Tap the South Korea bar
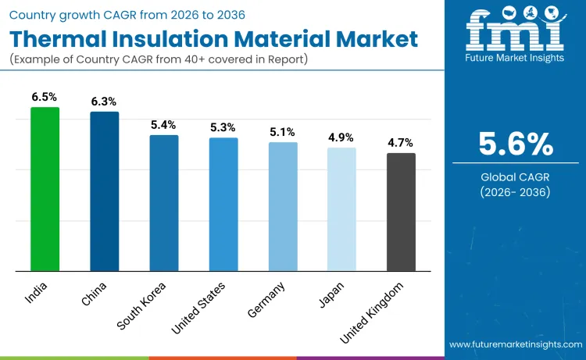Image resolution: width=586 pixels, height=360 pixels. click(x=164, y=204)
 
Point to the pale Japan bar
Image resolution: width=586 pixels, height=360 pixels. click(x=341, y=210)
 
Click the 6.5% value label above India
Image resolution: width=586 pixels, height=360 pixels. click(x=45, y=97)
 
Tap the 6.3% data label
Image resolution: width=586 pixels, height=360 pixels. click(x=105, y=102)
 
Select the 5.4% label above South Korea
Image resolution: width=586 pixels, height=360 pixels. click(x=164, y=125)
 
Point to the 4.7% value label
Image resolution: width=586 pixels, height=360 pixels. click(x=401, y=143)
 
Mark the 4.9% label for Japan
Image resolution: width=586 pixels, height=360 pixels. click(x=341, y=137)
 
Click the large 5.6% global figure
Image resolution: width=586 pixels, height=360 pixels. click(x=516, y=144)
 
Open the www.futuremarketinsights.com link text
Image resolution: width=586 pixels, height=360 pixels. click(x=515, y=344)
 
